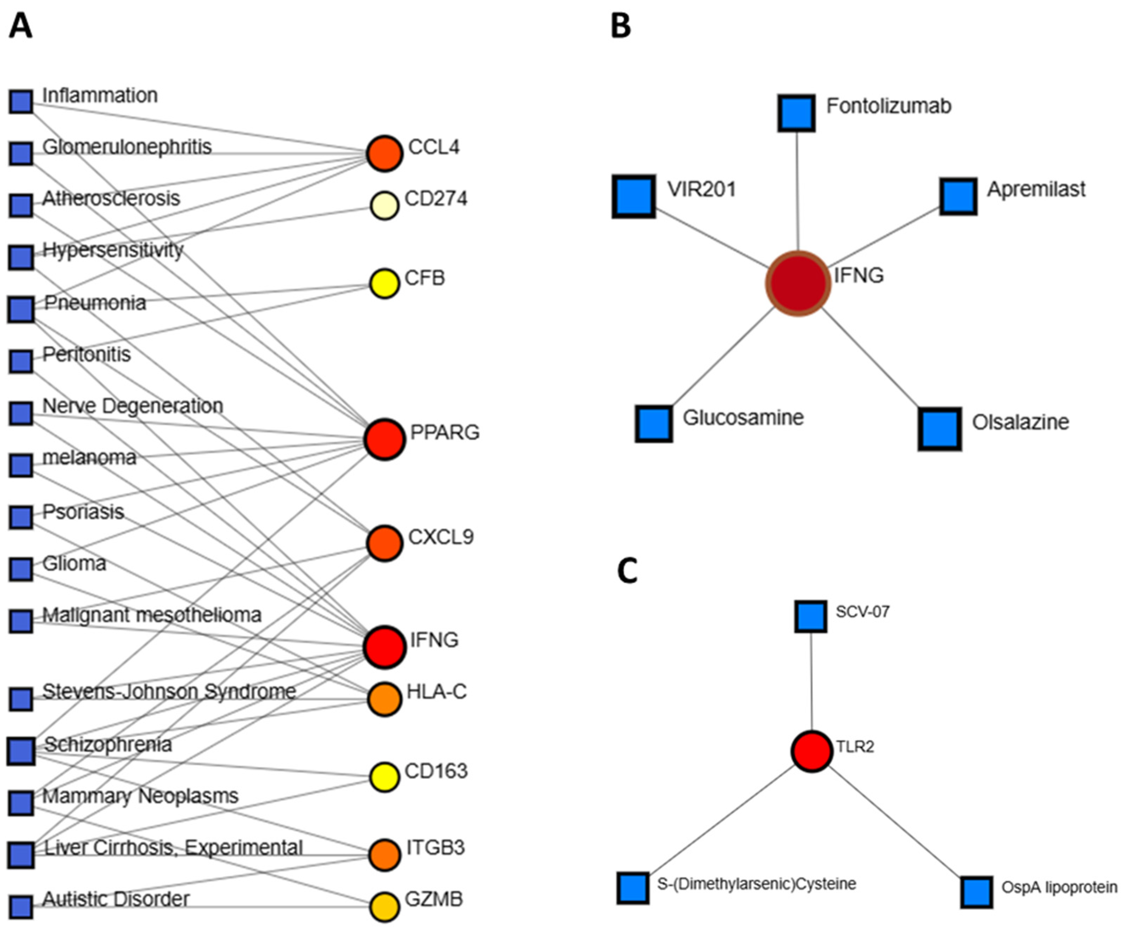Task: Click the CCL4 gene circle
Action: [x=384, y=153]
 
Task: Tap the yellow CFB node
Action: [x=384, y=283]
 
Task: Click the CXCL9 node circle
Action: [x=384, y=543]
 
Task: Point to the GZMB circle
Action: [x=384, y=907]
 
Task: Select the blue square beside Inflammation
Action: [x=21, y=102]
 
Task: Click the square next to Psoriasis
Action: [x=21, y=517]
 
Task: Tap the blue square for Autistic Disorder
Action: [x=21, y=907]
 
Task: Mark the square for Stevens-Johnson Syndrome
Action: [x=21, y=699]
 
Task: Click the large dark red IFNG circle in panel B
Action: [x=798, y=283]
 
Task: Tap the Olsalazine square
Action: [x=940, y=429]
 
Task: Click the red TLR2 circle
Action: [x=812, y=751]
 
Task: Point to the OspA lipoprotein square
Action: [x=977, y=892]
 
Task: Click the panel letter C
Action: [x=627, y=571]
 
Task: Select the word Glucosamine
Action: [x=743, y=418]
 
